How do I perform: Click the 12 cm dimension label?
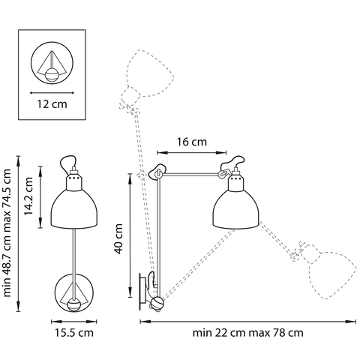pyautogui.click(x=50, y=104)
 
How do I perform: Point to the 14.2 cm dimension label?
pyautogui.click(x=29, y=196)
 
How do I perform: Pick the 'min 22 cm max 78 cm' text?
pyautogui.click(x=247, y=331)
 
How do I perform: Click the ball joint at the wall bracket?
pyautogui.click(x=157, y=303)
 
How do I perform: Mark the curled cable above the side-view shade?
pyautogui.click(x=234, y=162)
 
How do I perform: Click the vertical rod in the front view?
pyautogui.click(x=73, y=251)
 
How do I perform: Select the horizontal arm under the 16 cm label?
pyautogui.click(x=191, y=173)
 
